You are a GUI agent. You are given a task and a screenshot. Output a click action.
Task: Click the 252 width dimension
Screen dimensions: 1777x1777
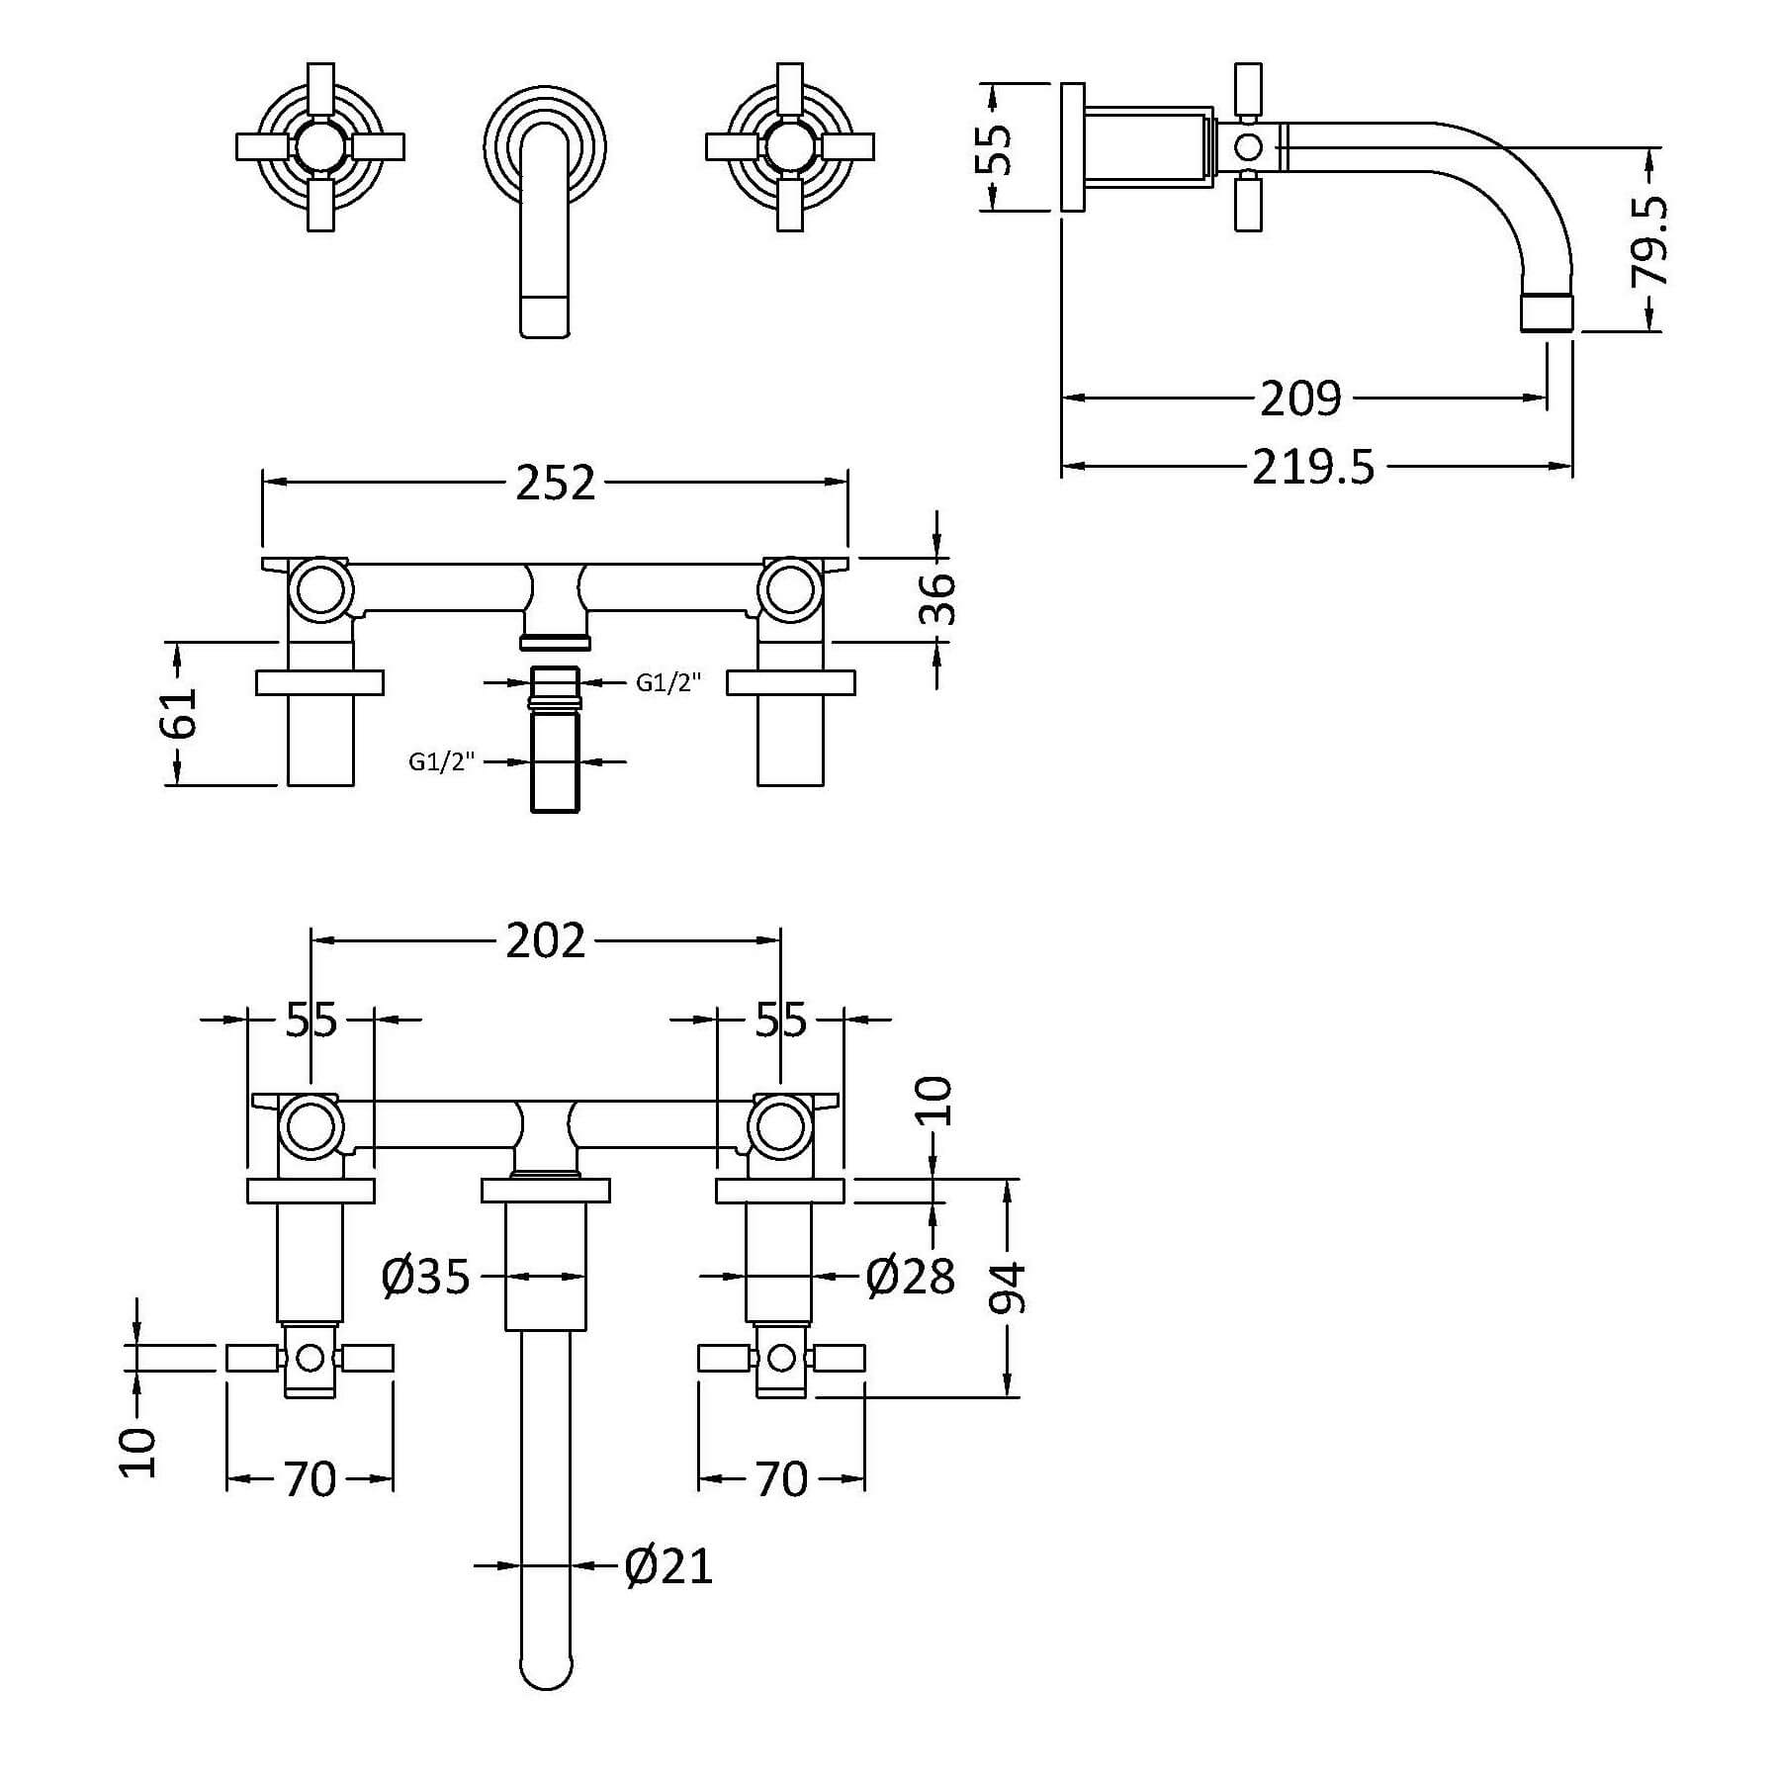click(x=556, y=483)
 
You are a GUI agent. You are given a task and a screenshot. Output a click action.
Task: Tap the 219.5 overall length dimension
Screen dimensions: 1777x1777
click(x=1313, y=466)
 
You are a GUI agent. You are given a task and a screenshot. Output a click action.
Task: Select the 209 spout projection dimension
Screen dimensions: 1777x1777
click(x=1301, y=399)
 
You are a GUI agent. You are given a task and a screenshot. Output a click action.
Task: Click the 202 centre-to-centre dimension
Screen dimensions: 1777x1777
click(x=546, y=940)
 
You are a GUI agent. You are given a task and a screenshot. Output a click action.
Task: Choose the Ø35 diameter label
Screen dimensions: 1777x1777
click(x=425, y=1278)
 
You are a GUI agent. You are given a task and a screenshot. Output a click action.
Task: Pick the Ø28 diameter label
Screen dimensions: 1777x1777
click(x=911, y=1278)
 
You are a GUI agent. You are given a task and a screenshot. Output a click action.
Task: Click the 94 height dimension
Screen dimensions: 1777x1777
click(x=1008, y=1288)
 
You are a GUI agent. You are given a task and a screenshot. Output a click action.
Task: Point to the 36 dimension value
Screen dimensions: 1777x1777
click(x=938, y=599)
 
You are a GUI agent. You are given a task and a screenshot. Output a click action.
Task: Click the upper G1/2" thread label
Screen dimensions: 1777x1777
click(x=668, y=682)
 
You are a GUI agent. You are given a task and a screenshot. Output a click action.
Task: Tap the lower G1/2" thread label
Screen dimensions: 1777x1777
click(x=441, y=761)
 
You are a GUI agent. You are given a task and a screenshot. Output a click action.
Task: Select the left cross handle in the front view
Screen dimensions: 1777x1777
click(x=319, y=146)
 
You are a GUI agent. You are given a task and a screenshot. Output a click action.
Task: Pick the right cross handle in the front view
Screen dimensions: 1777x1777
click(x=789, y=146)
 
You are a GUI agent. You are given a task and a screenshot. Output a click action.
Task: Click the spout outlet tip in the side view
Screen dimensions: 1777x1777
click(x=1547, y=311)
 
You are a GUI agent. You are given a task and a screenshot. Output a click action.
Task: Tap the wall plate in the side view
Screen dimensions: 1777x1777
click(x=1073, y=147)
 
